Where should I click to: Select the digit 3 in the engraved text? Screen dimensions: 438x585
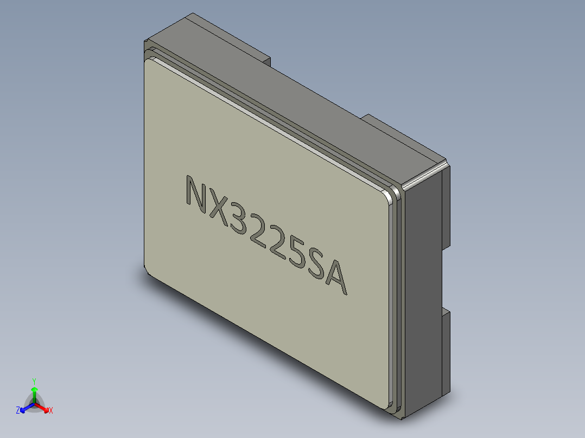coord(239,220)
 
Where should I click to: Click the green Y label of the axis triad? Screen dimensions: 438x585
coord(34,381)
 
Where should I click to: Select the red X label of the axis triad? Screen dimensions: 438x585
coord(50,410)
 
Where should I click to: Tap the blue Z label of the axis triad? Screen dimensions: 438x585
coord(18,410)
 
